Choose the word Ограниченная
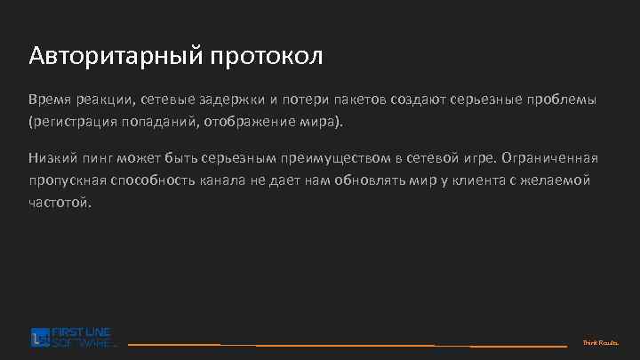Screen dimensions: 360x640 point(549,159)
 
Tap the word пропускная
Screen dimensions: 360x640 point(67,180)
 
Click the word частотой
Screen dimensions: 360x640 point(60,202)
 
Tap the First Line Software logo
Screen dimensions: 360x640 point(74,337)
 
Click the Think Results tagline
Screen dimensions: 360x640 point(601,342)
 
